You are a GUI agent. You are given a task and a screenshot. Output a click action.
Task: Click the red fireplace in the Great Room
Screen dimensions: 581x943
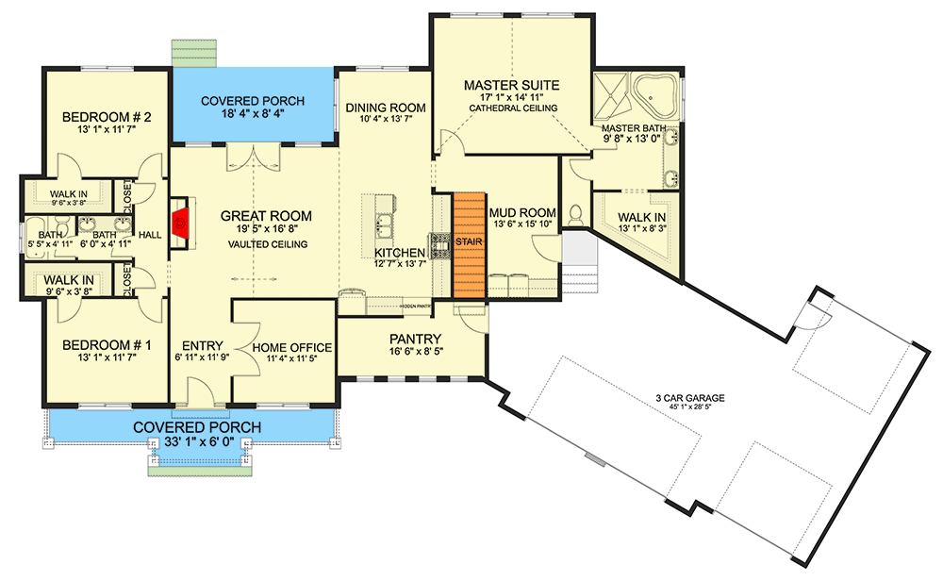coord(180,224)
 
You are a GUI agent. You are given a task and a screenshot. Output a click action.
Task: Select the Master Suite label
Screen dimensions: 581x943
coord(511,85)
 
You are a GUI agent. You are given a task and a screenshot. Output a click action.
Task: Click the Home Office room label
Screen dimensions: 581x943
coord(292,347)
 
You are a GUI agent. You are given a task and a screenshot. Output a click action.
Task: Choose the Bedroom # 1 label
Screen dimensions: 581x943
coord(107,343)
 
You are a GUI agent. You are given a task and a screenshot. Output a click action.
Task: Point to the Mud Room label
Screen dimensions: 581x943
coord(521,212)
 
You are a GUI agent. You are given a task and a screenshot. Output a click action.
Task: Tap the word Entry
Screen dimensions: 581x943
coord(202,345)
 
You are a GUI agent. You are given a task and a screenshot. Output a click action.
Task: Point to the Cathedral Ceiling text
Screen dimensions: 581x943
coord(512,109)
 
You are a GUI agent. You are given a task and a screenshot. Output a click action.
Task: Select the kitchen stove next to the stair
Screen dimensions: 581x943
coord(440,245)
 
